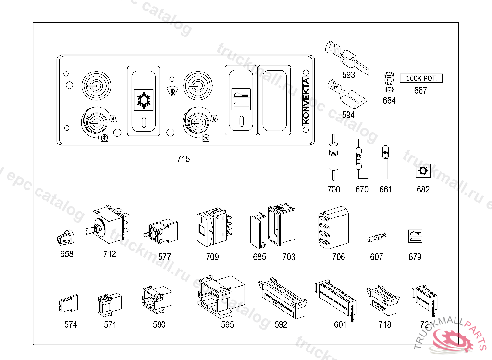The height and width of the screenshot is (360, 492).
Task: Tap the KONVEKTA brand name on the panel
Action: tap(306, 101)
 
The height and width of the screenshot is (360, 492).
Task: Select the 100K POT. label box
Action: tap(421, 78)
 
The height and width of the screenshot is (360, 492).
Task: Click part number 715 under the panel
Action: tap(183, 159)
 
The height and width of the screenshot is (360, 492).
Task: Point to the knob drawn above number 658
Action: tap(66, 238)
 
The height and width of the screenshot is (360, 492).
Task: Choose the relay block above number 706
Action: tap(333, 227)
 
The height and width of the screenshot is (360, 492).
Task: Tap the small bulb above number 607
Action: tap(377, 238)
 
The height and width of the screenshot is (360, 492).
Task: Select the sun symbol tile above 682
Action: tap(423, 171)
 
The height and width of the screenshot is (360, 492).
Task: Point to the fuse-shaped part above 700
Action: tap(333, 157)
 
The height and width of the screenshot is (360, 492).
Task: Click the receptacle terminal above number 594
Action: tap(346, 95)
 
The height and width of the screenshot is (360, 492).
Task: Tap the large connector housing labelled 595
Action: tap(221, 297)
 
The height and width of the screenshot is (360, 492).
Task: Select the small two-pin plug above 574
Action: tap(68, 303)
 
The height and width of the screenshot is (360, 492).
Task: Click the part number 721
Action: tap(426, 324)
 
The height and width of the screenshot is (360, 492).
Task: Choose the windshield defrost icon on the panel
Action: tap(172, 91)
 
